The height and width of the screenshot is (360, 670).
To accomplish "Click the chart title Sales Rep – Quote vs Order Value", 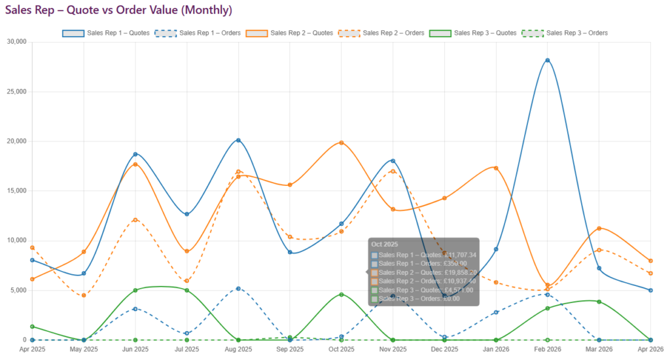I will (x=118, y=11).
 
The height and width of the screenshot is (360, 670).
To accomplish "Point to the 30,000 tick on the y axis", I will (x=16, y=42).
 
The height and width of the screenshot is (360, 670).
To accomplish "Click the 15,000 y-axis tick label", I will (x=16, y=190).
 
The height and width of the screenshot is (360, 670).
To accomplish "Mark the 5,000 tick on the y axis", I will (x=18, y=290).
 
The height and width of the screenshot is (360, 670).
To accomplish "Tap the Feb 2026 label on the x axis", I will (x=548, y=350).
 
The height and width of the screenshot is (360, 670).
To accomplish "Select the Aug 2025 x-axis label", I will (x=238, y=350).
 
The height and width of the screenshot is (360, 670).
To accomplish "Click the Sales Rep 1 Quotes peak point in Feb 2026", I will (x=548, y=60).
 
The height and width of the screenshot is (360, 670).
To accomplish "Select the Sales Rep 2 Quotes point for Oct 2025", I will (x=342, y=143).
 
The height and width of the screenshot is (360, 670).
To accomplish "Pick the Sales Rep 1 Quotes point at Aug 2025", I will (x=238, y=140).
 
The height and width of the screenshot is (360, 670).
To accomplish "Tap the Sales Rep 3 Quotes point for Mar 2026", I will (x=599, y=302).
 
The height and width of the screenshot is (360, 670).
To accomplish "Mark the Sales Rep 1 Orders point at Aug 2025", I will (x=238, y=289).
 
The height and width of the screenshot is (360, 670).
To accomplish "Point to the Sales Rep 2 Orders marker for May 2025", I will (x=84, y=295).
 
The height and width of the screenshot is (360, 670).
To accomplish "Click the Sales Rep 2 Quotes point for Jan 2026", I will (x=496, y=168).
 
